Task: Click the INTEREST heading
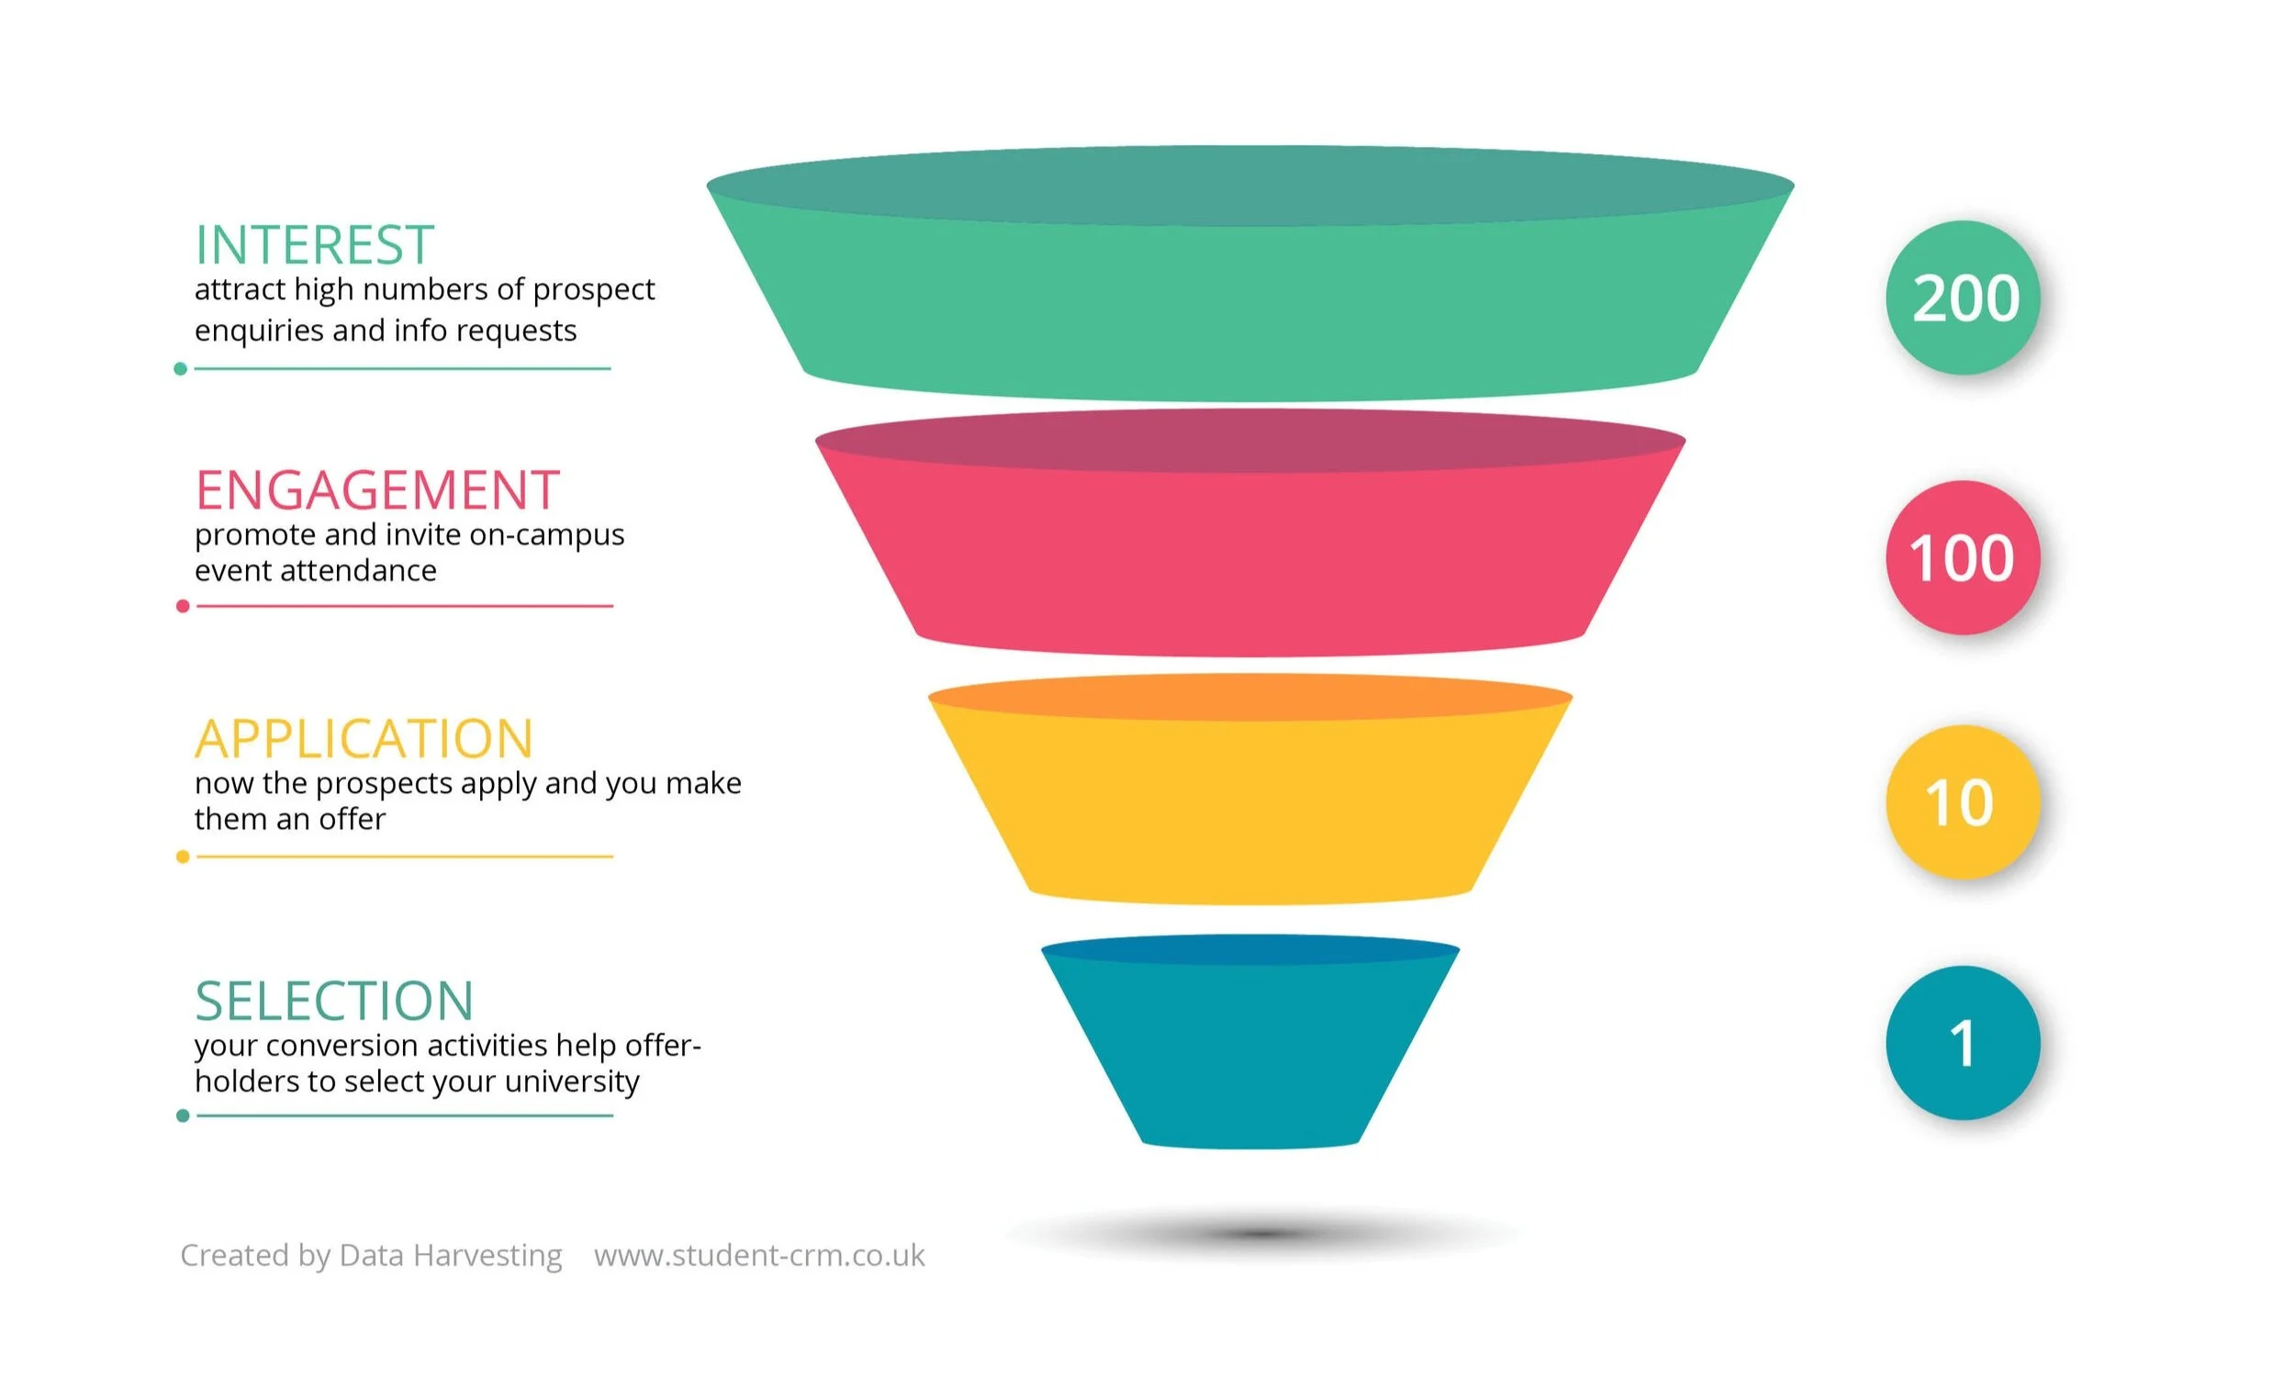[x=314, y=245]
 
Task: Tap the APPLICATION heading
[x=364, y=739]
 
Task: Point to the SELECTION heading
[x=334, y=1001]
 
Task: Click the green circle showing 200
[x=1963, y=298]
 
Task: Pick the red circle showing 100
[x=1963, y=558]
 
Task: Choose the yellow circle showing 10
[x=1963, y=802]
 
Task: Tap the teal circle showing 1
[x=1963, y=1043]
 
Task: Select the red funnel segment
[x=1249, y=557]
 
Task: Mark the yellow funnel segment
[x=1249, y=808]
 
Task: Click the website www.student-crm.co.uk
[x=759, y=1255]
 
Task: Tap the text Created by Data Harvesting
[x=371, y=1255]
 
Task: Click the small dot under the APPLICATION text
[x=183, y=857]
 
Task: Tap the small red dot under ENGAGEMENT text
[x=183, y=606]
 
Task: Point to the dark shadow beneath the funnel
[x=1262, y=1234]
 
